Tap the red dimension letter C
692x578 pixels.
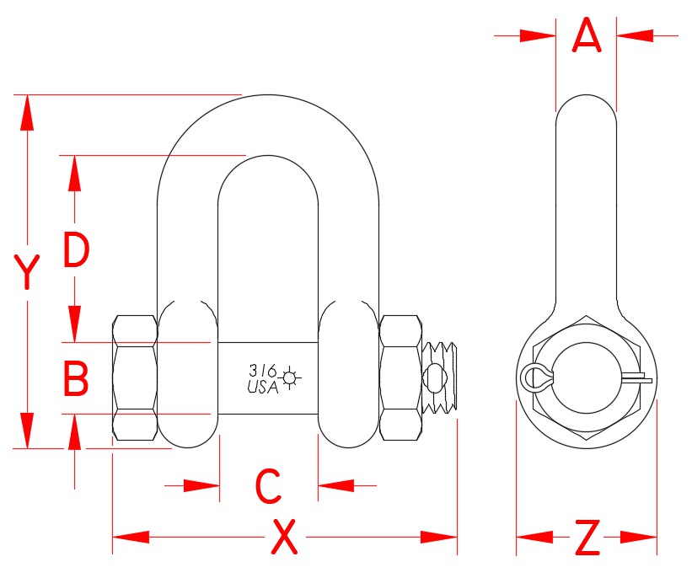267,485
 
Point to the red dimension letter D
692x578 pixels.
76,251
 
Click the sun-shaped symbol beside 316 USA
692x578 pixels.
292,378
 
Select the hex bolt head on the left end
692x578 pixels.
135,378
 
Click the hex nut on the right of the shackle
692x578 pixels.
400,378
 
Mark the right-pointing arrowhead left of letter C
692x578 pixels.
202,485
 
